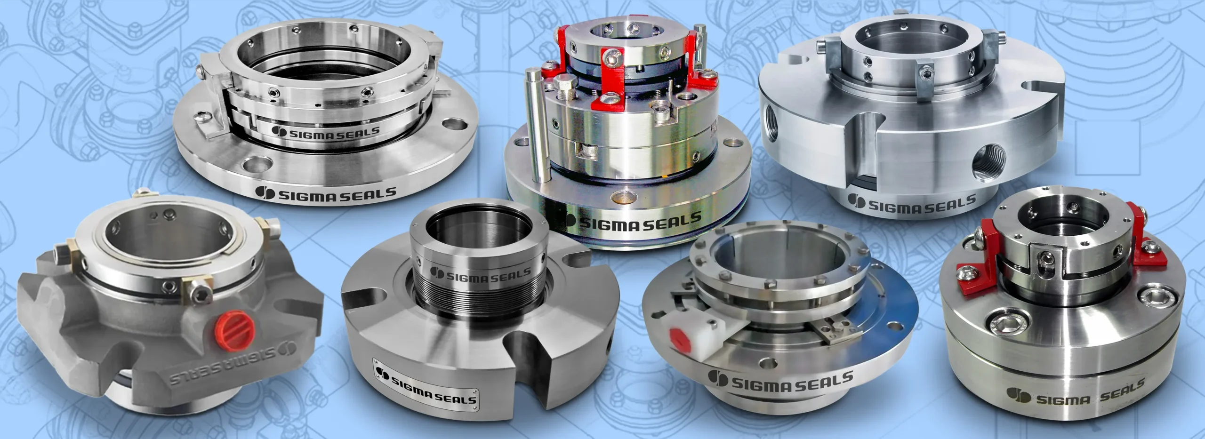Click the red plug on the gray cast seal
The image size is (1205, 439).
click(234, 334)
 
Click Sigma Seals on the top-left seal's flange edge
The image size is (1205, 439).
click(326, 193)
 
